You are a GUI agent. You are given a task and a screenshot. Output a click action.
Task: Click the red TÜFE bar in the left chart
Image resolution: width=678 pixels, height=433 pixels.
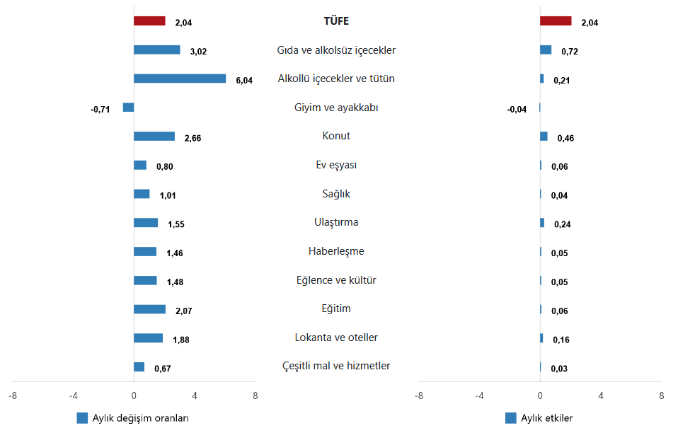coord(149,21)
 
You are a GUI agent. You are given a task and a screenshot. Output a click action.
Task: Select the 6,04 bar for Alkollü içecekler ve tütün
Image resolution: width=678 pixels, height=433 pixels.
coord(180,79)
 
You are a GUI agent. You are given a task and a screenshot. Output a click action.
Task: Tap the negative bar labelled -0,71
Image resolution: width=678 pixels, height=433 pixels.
coord(128,108)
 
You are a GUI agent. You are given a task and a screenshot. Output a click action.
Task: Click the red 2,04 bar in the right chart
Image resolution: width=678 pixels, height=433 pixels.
coord(556,21)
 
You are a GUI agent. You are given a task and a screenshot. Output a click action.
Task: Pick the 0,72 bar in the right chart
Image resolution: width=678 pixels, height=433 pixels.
coord(546,50)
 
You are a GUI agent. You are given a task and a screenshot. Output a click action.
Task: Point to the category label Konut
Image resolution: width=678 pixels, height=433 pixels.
coord(336,136)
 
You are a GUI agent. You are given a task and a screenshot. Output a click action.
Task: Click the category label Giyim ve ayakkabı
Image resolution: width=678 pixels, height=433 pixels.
coord(336,108)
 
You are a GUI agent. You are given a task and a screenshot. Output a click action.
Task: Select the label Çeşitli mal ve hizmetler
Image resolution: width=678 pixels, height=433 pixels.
coord(336,366)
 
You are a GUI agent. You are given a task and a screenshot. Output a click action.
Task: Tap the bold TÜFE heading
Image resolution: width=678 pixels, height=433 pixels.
coord(336,21)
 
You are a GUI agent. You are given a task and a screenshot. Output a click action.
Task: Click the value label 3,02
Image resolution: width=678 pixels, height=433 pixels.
coord(198,51)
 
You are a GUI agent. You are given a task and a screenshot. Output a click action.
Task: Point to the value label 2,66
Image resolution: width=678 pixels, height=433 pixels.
coord(193,138)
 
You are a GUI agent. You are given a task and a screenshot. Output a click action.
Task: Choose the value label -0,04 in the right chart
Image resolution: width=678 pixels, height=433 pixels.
coord(517,109)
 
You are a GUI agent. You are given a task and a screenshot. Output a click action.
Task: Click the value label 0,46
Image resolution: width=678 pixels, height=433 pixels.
coord(565,138)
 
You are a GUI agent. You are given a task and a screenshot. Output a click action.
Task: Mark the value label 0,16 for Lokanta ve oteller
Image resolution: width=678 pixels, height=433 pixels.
coord(561,340)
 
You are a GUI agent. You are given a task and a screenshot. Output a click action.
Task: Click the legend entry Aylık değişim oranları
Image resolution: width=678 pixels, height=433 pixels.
coord(140,418)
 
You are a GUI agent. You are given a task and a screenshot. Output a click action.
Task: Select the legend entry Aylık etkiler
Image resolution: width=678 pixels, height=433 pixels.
coord(546,418)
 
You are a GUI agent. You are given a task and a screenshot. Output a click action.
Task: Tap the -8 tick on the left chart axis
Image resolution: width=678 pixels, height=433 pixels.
coord(13,395)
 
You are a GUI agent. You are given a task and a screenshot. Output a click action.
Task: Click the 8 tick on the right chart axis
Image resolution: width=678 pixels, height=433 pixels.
coord(661,395)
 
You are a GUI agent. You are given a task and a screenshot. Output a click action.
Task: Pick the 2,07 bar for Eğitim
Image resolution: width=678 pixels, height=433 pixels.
coord(149,309)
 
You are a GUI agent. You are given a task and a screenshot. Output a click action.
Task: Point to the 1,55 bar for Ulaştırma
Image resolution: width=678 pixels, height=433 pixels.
coord(146,223)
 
